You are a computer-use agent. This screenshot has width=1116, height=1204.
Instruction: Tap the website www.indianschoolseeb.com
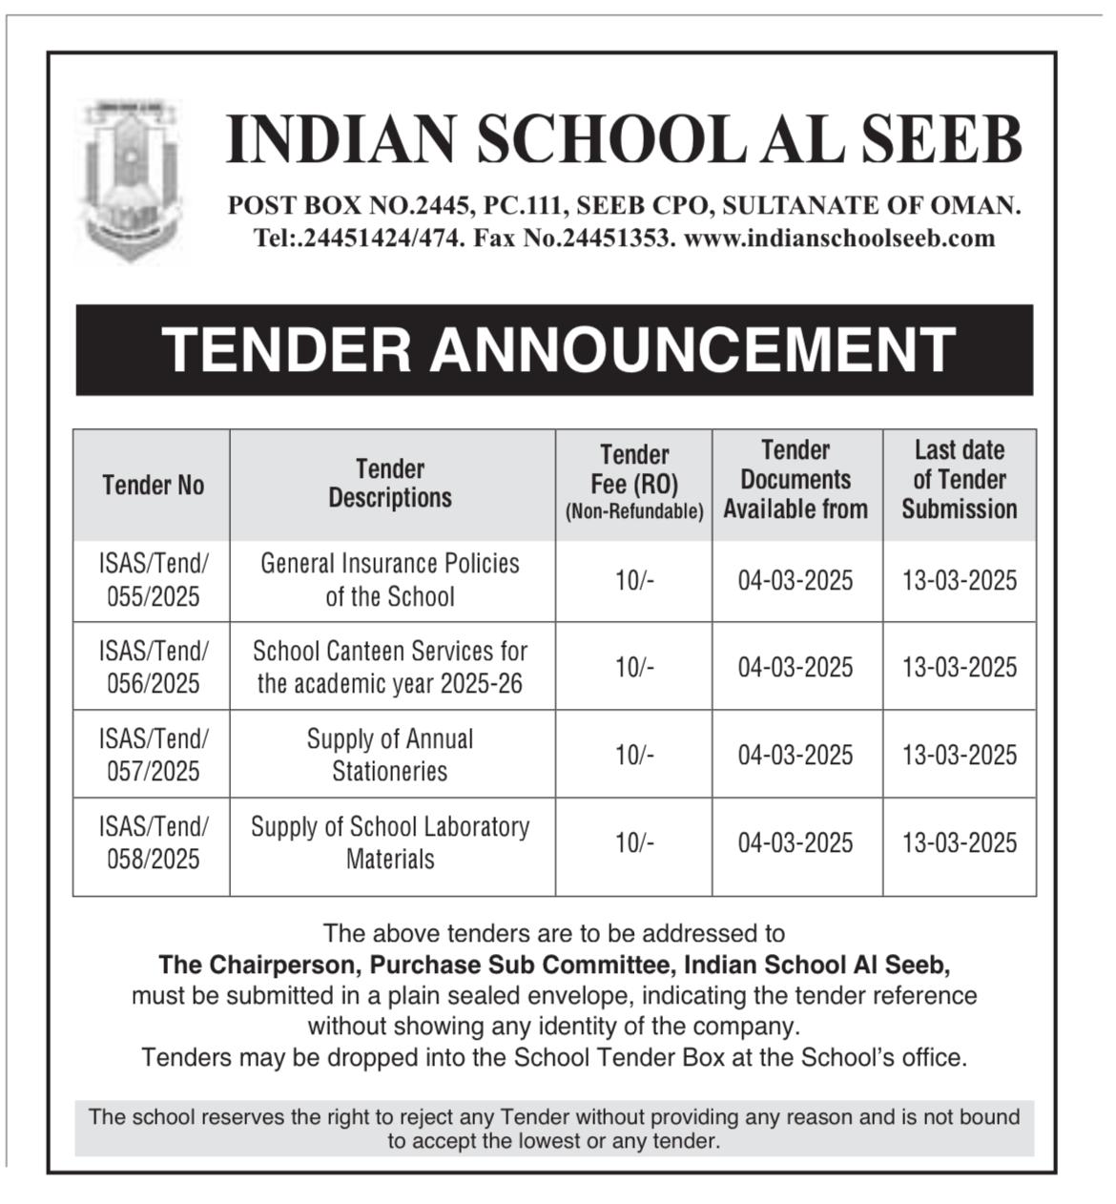point(839,239)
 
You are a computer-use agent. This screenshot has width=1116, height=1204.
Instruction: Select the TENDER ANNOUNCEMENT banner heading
point(557,349)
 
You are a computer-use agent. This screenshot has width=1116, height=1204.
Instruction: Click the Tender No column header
point(153,486)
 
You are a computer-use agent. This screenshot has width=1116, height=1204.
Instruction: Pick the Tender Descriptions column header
point(390,483)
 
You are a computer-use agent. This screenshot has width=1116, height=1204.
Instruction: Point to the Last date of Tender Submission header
point(960,480)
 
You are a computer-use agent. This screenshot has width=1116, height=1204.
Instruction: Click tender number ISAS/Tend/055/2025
point(153,580)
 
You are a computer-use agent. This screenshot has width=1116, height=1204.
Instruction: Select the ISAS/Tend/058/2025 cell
point(153,843)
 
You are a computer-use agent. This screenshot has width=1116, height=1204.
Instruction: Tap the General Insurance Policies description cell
point(390,580)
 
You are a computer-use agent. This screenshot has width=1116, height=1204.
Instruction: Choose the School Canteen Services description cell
point(390,667)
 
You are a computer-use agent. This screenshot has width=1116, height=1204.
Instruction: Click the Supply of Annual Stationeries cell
point(390,755)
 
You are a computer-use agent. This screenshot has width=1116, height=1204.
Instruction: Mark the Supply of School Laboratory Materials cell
point(390,843)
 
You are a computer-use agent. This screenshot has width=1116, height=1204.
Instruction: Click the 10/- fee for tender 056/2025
point(634,667)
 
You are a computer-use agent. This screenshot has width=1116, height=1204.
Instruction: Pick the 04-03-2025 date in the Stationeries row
point(796,756)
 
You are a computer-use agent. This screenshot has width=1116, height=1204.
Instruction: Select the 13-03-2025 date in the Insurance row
point(960,581)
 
